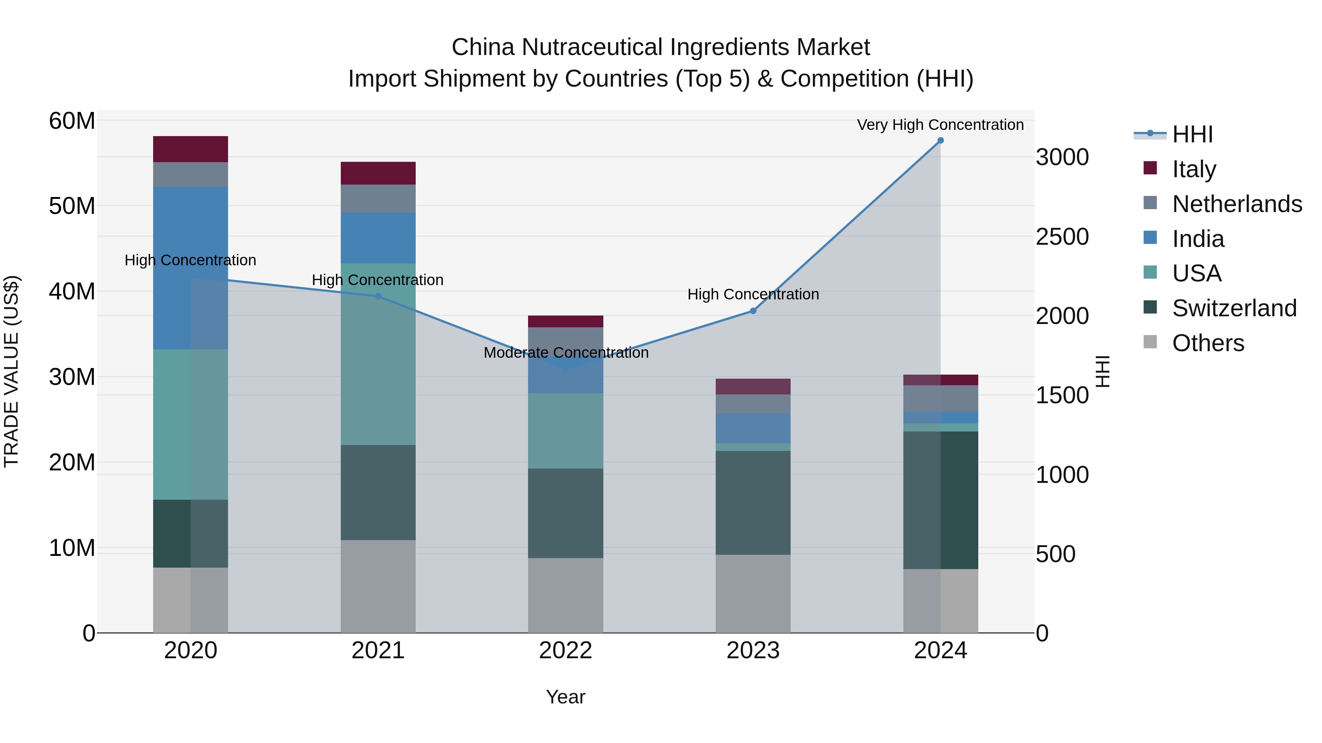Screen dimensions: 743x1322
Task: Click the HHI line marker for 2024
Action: click(x=940, y=141)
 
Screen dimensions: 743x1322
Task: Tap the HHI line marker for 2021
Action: click(x=378, y=296)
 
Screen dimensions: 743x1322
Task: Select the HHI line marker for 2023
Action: click(x=753, y=311)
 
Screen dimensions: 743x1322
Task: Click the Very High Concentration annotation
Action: click(x=940, y=125)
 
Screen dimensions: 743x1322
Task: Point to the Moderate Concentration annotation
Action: click(x=566, y=353)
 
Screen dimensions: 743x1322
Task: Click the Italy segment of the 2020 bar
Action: click(x=190, y=149)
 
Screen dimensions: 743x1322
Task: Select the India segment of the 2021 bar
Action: click(x=378, y=238)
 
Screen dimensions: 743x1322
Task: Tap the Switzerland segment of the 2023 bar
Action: click(x=753, y=503)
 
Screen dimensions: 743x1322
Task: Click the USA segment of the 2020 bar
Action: click(x=190, y=425)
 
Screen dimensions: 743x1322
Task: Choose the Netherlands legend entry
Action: click(x=1237, y=204)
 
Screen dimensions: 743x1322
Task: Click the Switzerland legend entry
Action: click(x=1234, y=308)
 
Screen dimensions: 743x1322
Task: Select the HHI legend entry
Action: click(x=1192, y=134)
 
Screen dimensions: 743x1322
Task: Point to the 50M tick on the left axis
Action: click(x=72, y=206)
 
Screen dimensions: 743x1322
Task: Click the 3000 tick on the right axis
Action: click(x=1062, y=157)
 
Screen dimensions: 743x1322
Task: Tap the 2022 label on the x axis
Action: click(x=566, y=651)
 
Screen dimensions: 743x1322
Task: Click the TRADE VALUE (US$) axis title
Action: click(x=12, y=371)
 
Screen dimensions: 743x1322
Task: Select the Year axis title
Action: click(x=566, y=697)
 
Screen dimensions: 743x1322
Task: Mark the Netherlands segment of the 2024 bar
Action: click(x=940, y=398)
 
